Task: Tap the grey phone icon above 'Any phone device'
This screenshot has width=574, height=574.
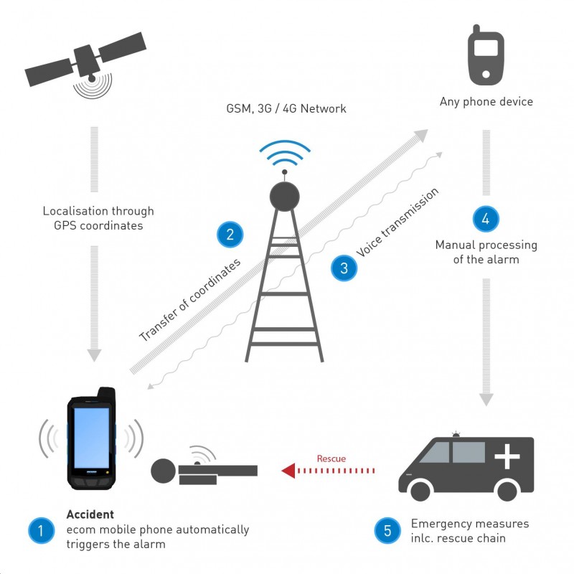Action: tap(486, 55)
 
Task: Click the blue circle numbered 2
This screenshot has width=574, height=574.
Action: tap(230, 234)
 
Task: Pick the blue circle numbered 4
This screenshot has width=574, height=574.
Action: tap(486, 219)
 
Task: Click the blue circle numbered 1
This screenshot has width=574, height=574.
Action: tap(41, 531)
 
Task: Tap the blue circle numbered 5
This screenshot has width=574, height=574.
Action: tap(387, 531)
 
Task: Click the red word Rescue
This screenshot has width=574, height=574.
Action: tap(331, 458)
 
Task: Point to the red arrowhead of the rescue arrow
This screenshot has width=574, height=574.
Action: tap(288, 471)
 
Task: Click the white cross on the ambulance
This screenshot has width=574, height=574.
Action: tap(507, 456)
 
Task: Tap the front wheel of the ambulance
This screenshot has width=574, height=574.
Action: tap(419, 490)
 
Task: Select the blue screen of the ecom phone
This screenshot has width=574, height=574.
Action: tap(92, 438)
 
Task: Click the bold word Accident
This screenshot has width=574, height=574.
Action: tap(90, 514)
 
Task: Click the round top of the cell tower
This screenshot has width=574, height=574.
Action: tap(284, 194)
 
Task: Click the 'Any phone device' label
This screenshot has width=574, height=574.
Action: tap(486, 102)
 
